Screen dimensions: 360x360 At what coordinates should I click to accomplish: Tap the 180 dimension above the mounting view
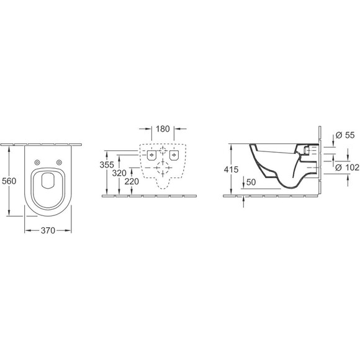163,129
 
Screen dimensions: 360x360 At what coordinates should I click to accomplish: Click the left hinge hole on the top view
37,163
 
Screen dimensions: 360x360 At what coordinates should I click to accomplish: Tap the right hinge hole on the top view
60,163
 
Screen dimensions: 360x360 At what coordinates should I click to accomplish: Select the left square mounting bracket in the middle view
151,155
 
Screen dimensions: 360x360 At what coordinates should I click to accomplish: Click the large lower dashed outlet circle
163,168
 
